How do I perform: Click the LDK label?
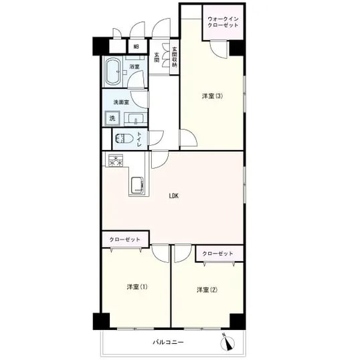(174, 196)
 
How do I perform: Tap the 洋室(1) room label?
(137, 287)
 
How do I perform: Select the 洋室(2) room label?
(207, 290)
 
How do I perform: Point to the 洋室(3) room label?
(212, 96)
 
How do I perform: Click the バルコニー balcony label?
(169, 342)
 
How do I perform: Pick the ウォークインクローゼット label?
(223, 22)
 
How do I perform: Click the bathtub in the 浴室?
(113, 71)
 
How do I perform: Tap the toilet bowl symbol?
(124, 139)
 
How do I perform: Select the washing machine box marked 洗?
(112, 118)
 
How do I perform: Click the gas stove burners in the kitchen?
(116, 160)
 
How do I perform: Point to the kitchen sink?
(137, 185)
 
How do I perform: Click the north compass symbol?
(228, 341)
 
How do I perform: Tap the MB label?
(137, 47)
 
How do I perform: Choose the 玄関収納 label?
(175, 58)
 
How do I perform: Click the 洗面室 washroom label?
(121, 102)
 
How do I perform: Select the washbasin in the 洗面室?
(136, 119)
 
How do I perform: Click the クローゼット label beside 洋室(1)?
(124, 240)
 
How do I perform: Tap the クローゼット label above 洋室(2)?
(217, 254)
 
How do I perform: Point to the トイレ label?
(139, 139)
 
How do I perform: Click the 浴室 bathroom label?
(134, 67)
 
